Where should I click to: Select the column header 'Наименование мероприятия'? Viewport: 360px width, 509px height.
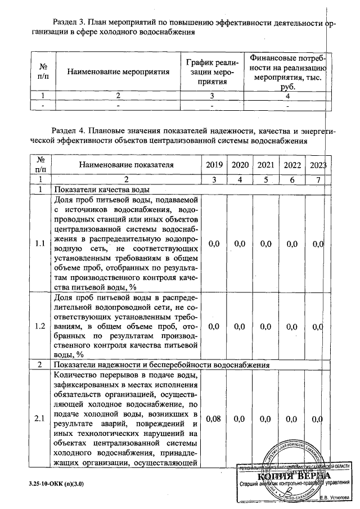[118, 72]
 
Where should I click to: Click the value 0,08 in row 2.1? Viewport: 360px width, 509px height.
[214, 418]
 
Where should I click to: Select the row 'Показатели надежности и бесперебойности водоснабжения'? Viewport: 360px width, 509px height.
[160, 365]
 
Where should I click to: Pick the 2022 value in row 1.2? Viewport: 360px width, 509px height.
[292, 326]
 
